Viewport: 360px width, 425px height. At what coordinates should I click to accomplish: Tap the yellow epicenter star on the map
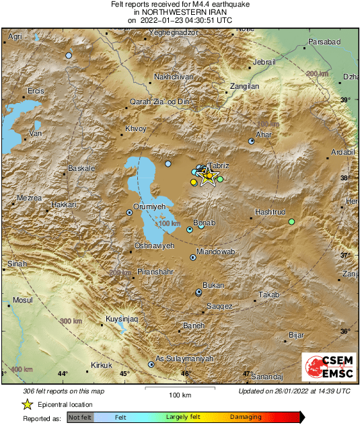(209, 177)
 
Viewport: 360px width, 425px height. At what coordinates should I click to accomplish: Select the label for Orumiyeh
(149, 206)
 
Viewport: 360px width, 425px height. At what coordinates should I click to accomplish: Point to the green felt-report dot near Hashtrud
(291, 222)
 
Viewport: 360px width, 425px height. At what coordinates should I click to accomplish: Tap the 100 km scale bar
(180, 388)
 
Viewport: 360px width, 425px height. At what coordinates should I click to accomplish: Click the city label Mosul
(23, 299)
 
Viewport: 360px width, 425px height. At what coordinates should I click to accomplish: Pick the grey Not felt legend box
(80, 417)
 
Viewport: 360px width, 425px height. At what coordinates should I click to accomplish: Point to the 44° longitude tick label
(63, 374)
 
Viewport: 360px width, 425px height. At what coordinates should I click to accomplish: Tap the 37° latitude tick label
(345, 256)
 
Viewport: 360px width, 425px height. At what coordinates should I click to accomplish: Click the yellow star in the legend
(27, 404)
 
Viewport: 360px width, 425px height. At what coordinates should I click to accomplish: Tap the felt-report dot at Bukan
(199, 292)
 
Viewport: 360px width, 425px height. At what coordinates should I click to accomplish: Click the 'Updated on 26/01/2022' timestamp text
(294, 391)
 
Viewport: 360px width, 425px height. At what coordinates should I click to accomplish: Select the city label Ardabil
(343, 152)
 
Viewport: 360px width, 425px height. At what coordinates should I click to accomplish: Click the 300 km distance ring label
(69, 322)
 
